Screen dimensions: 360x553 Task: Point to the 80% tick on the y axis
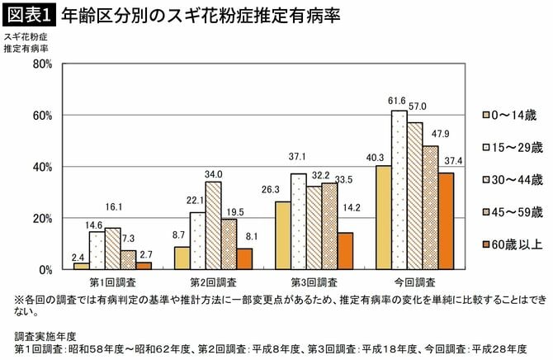[x=42, y=64]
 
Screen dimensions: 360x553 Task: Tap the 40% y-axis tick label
[x=42, y=167]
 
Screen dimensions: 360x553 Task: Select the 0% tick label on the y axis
[x=45, y=269]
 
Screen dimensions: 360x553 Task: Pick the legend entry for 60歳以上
[x=512, y=244]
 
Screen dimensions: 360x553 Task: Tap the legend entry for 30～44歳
[x=512, y=179]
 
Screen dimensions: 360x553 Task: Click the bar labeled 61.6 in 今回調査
[x=399, y=190]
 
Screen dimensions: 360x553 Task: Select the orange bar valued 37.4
[x=446, y=221]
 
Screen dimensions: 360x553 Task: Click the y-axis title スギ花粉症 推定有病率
[x=26, y=43]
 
